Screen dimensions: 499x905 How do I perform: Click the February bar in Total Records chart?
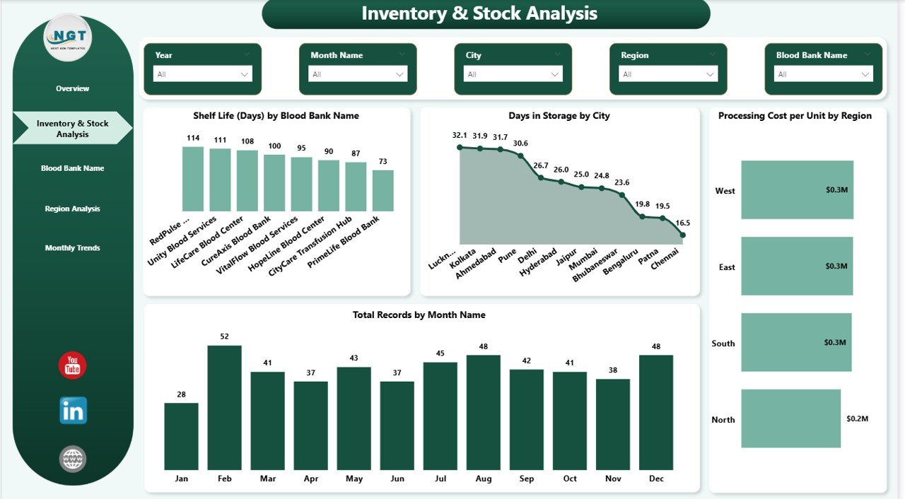pos(224,408)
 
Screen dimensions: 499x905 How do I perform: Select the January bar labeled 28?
pos(181,436)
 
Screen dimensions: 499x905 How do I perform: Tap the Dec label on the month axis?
pos(656,479)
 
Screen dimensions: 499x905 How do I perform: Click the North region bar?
pos(790,418)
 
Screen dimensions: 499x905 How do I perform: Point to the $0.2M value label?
pos(857,418)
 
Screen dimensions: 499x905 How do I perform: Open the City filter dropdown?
pos(513,74)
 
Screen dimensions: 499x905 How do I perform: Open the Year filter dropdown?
pos(202,74)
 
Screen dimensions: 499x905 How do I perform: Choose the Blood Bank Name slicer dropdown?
pos(823,74)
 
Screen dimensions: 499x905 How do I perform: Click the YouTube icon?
pos(73,365)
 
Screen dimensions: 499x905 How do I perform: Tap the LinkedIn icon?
pos(73,411)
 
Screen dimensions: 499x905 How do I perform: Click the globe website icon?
pos(73,459)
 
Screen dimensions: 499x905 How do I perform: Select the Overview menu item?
pos(73,88)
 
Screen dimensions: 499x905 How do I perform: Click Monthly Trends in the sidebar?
pos(73,248)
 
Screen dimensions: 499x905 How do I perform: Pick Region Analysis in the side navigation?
pos(73,209)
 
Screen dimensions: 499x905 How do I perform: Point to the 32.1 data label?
pos(460,135)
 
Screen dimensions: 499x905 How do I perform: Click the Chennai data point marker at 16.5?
pos(683,235)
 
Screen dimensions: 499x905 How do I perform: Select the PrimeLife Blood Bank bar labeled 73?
pos(383,190)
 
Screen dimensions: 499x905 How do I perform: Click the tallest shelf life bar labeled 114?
pos(192,179)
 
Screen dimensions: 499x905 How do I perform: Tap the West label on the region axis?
pos(725,191)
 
